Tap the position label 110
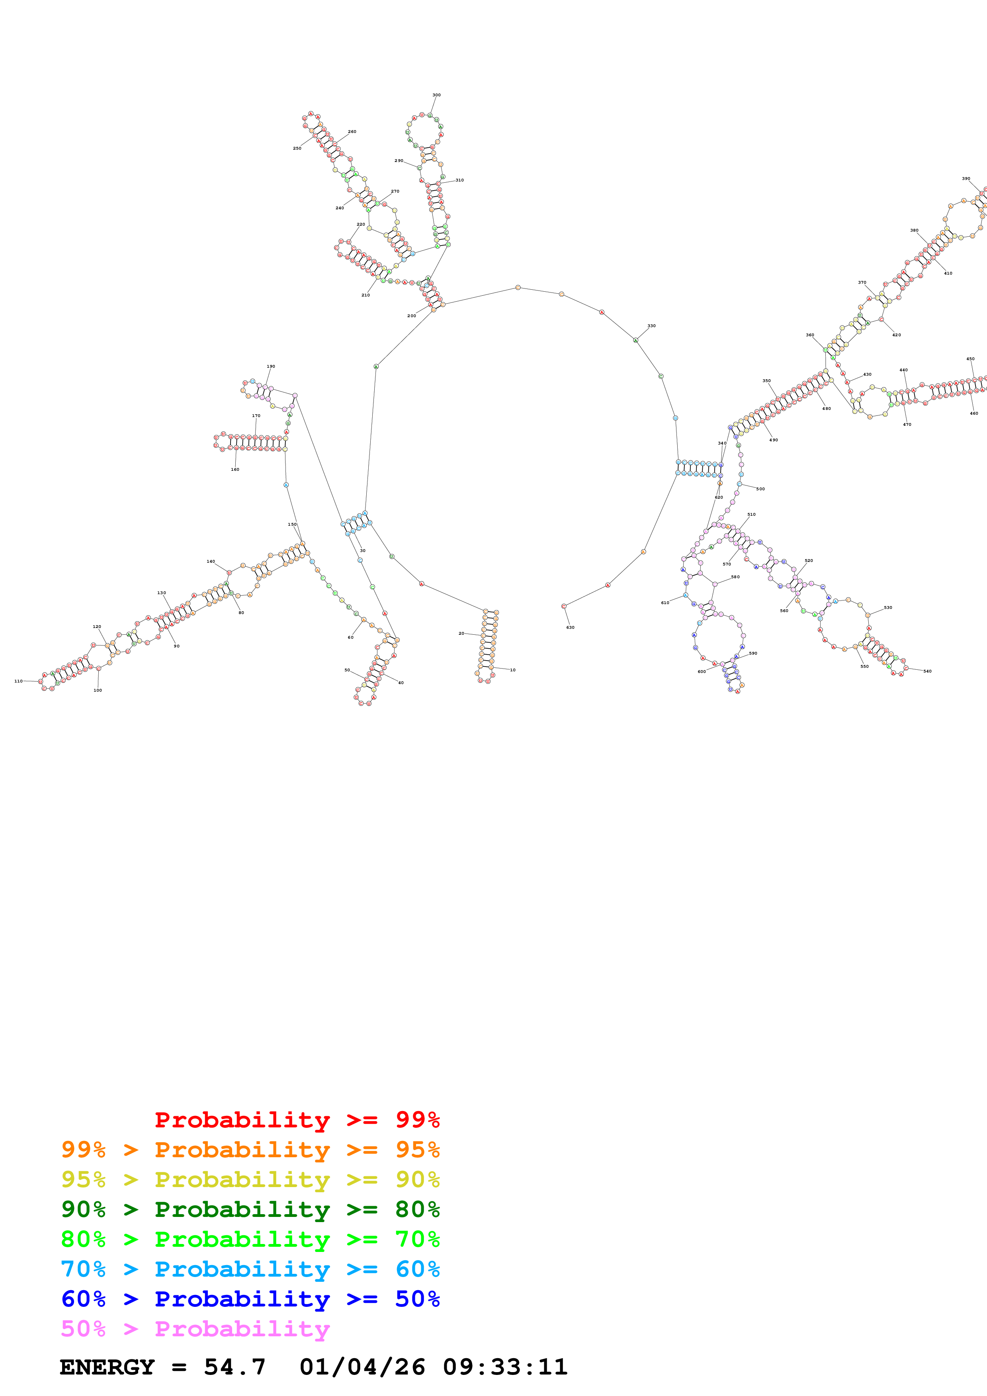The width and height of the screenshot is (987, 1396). tap(18, 681)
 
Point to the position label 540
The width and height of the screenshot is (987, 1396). tap(927, 671)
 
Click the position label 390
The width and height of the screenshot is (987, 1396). tap(966, 179)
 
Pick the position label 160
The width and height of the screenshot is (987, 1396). tap(235, 470)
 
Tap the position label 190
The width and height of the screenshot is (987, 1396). tap(271, 367)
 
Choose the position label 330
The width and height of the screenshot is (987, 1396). tap(651, 326)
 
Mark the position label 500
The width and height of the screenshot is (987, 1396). tap(760, 489)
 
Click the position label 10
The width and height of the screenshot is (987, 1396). tap(513, 670)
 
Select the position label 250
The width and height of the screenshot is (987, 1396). tap(297, 148)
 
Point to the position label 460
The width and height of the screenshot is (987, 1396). tap(973, 413)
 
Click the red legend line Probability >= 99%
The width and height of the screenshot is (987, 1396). tap(297, 1120)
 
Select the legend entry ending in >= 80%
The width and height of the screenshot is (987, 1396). tap(250, 1209)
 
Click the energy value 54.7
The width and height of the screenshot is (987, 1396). tap(235, 1367)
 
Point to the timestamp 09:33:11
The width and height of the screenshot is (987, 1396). tap(505, 1367)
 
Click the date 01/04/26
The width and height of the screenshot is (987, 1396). tap(362, 1367)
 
